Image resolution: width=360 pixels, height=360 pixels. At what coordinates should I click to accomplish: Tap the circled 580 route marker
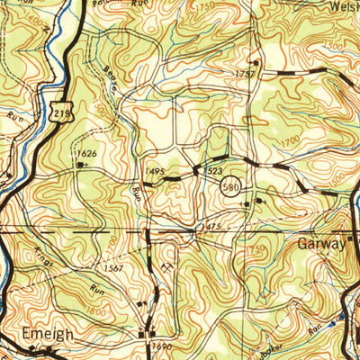click(229, 186)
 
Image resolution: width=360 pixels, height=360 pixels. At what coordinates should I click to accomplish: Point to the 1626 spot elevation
click(86, 154)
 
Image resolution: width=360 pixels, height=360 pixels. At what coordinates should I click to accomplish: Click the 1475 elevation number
click(211, 227)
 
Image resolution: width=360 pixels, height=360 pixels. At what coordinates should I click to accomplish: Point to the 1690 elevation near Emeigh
click(161, 346)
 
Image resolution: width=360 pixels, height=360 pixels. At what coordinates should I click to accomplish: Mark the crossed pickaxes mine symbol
click(167, 266)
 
